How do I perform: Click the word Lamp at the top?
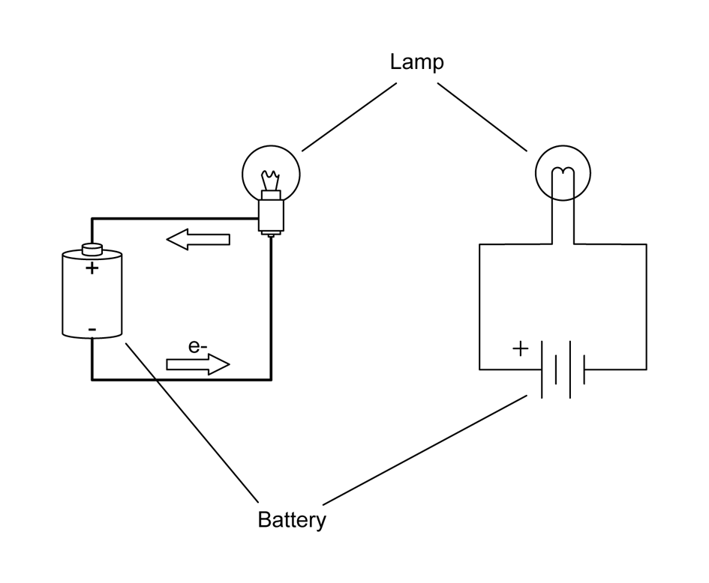(x=416, y=61)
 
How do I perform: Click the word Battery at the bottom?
(x=291, y=519)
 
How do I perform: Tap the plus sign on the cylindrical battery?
(x=91, y=268)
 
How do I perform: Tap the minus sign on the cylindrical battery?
(x=91, y=329)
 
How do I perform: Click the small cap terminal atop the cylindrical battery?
(x=91, y=249)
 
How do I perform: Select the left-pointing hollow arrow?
(x=198, y=241)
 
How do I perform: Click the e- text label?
(x=198, y=346)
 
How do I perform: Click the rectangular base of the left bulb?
(x=270, y=214)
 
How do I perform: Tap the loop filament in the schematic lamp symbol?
(x=563, y=177)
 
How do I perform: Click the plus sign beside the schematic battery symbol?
(x=519, y=349)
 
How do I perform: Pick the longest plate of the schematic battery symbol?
(x=542, y=369)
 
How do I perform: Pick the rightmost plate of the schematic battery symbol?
(x=584, y=369)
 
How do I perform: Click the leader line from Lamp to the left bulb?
(x=349, y=116)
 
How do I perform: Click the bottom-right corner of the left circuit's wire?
(x=270, y=379)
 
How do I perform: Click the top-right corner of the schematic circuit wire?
(x=646, y=245)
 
